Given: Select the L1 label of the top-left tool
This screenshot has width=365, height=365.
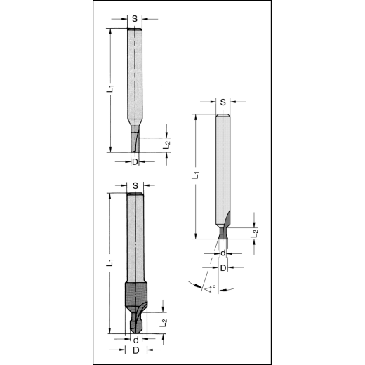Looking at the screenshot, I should [x=109, y=89].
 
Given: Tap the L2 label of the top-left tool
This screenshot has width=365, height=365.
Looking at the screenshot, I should [x=166, y=145].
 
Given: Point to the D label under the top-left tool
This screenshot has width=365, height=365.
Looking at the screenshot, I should [x=135, y=162].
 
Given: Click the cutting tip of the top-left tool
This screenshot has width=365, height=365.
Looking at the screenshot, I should [x=135, y=141].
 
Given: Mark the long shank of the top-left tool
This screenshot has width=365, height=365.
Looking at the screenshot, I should [x=135, y=77].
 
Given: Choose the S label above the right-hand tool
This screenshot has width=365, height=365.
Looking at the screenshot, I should [x=223, y=102].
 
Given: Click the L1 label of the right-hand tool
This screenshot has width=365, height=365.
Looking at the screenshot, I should [x=195, y=175].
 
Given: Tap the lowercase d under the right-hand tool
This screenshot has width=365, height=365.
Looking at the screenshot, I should [x=223, y=253].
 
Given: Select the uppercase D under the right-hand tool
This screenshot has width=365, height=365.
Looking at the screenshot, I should [x=223, y=267].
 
